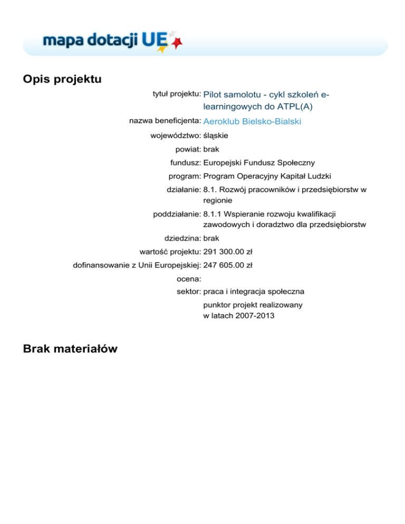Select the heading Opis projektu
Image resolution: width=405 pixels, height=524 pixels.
62,79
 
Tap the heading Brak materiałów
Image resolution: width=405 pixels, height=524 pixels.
70,348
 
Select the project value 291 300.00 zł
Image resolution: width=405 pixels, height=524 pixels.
228,251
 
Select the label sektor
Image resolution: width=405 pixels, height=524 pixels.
188,291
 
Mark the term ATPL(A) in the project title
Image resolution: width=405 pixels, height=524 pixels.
289,106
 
